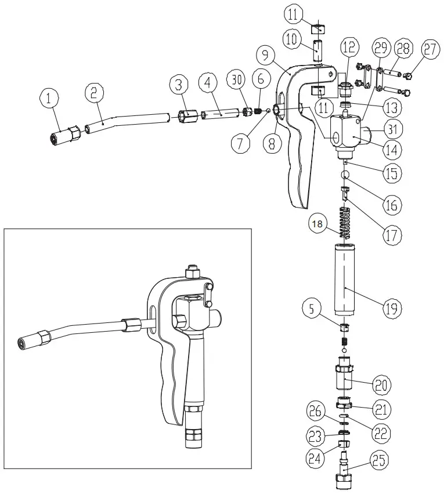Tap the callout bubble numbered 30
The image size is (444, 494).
[x=235, y=82]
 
